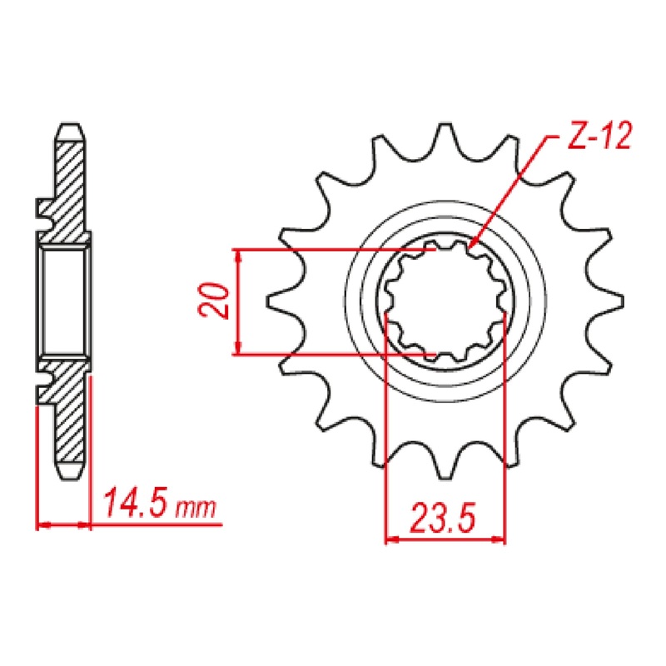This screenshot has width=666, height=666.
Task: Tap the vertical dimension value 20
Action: pyautogui.click(x=215, y=301)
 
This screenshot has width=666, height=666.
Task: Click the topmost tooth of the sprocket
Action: pyautogui.click(x=444, y=133)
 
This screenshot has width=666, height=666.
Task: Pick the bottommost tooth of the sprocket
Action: pyautogui.click(x=445, y=470)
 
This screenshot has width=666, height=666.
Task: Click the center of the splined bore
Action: pyautogui.click(x=445, y=302)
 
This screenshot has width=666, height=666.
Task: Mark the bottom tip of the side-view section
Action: pyautogui.click(x=72, y=475)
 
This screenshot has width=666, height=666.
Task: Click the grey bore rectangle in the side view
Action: pyautogui.click(x=65, y=302)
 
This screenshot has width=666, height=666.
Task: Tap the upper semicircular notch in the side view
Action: pyautogui.click(x=42, y=212)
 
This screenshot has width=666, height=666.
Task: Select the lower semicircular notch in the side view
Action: pyautogui.click(x=42, y=386)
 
